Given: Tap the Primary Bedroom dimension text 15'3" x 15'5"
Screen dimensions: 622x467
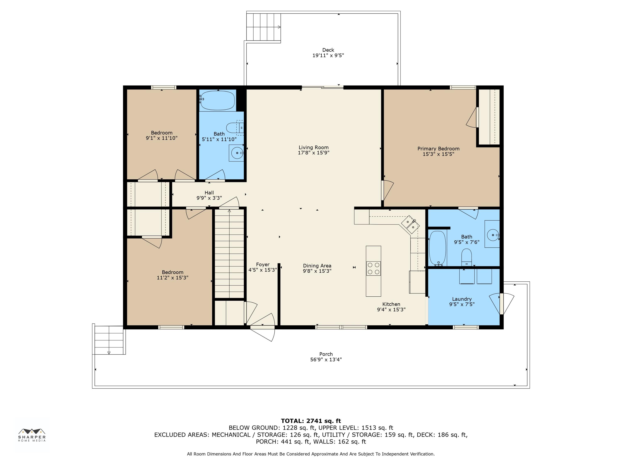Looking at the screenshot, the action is click(x=438, y=154).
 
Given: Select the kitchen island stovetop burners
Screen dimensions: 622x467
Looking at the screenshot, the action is click(x=373, y=268).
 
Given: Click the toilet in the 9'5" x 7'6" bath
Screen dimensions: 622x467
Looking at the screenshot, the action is click(x=466, y=257).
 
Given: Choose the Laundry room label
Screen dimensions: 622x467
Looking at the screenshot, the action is click(x=462, y=299).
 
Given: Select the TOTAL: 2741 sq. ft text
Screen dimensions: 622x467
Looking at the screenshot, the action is click(x=311, y=421).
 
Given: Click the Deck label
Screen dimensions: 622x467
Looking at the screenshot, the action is click(x=328, y=50).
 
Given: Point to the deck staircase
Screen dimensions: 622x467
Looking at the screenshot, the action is click(x=264, y=27).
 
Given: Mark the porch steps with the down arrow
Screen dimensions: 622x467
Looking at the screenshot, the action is click(x=109, y=340).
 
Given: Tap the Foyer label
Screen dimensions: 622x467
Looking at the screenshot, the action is click(x=263, y=265).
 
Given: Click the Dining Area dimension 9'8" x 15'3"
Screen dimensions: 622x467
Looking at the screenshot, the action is click(x=317, y=271).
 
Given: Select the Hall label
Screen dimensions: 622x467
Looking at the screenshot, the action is click(x=209, y=193).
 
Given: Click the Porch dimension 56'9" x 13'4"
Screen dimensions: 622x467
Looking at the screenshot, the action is click(x=326, y=359).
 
